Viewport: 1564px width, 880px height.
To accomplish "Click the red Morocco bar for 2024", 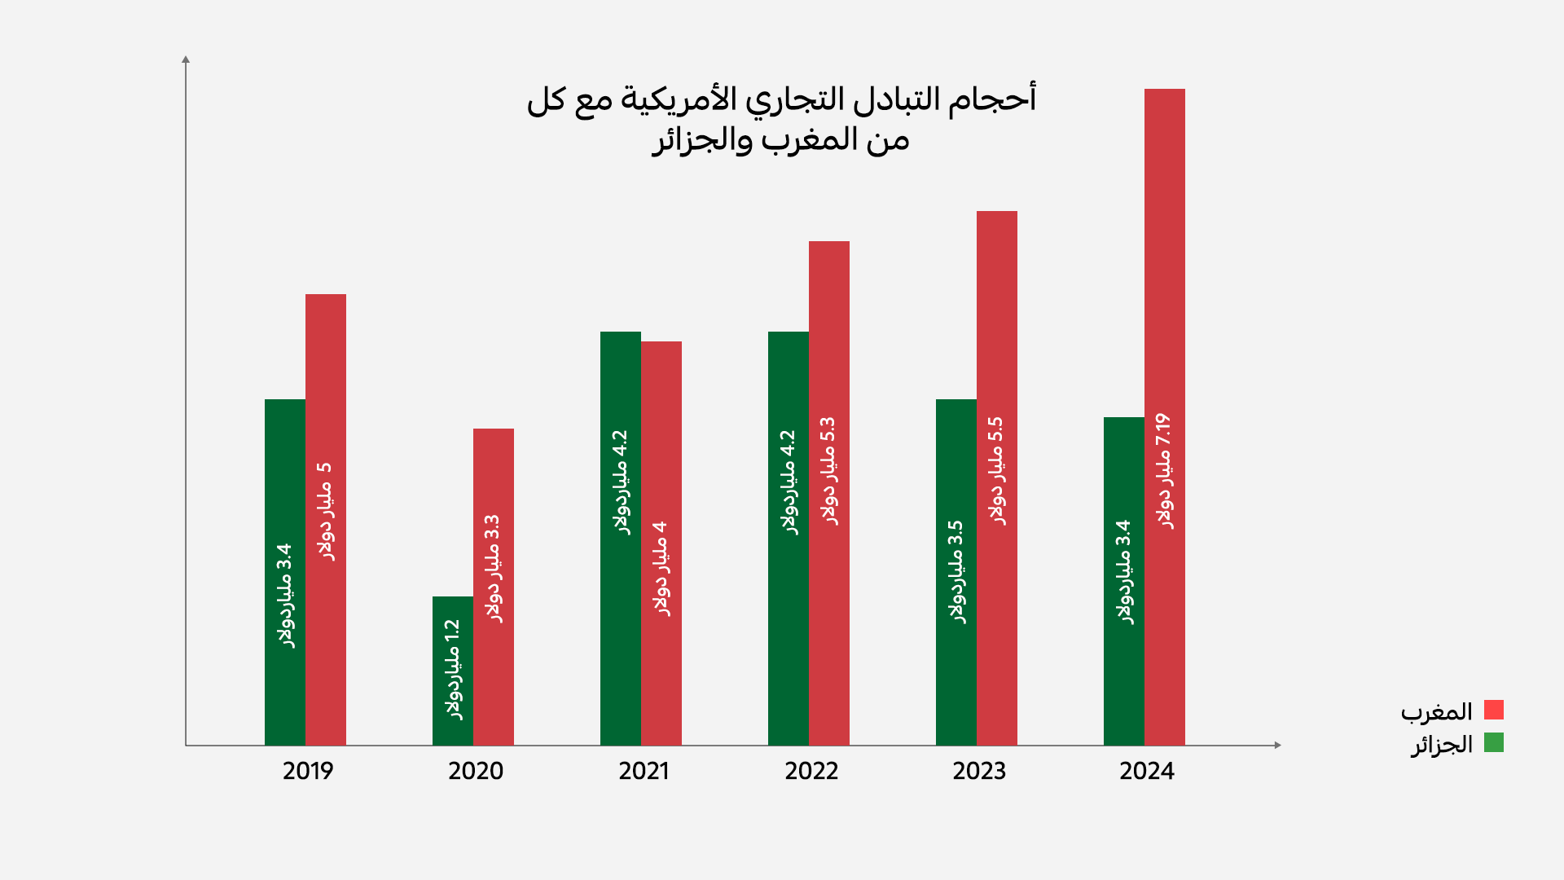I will click(x=1165, y=244).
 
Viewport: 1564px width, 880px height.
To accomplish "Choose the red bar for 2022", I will click(x=829, y=326).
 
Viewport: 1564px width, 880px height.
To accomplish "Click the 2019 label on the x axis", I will click(x=308, y=771).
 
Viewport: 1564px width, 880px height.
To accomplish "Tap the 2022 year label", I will click(x=811, y=771).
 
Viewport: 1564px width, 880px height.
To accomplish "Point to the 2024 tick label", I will click(x=1147, y=771).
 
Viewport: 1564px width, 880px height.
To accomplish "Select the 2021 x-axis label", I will click(x=644, y=771).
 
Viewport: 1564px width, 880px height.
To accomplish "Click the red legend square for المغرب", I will click(x=1493, y=710).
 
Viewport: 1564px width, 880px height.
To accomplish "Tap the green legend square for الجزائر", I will click(x=1493, y=742).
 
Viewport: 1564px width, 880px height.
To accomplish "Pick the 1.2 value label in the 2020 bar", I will click(x=453, y=631).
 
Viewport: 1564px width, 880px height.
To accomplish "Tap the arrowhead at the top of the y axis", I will click(x=186, y=59).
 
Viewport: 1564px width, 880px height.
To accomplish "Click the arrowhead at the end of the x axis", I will click(x=1277, y=745).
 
